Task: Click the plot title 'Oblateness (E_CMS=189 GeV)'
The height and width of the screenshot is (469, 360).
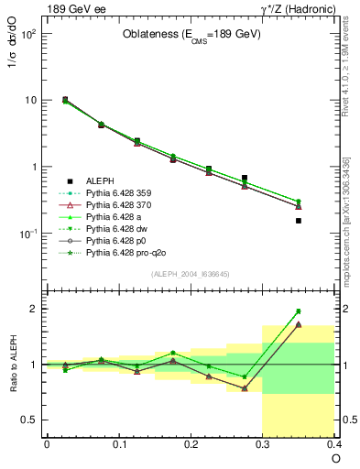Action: pyautogui.click(x=191, y=35)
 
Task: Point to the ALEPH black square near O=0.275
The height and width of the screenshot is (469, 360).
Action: pyautogui.click(x=245, y=178)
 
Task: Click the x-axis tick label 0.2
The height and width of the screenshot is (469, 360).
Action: pyautogui.click(x=191, y=444)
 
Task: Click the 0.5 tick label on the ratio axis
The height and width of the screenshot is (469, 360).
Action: pyautogui.click(x=29, y=420)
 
